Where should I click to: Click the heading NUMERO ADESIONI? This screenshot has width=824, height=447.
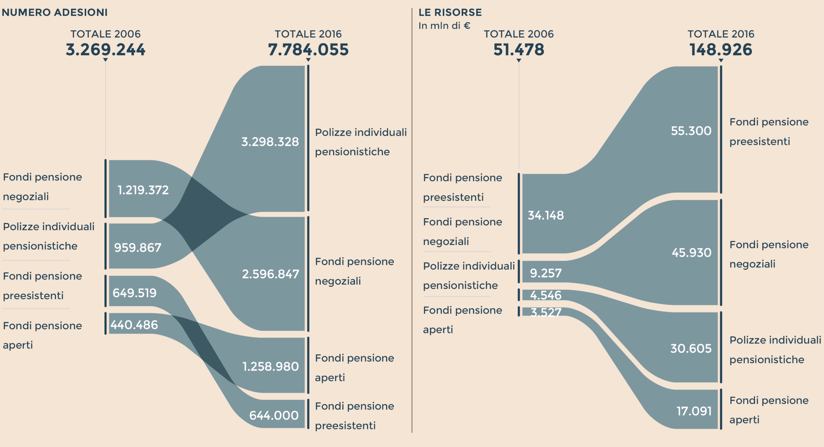point(55,12)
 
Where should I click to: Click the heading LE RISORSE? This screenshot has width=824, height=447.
point(450,12)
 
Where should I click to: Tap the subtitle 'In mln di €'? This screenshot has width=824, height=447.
point(444,26)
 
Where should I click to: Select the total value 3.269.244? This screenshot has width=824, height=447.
point(105,50)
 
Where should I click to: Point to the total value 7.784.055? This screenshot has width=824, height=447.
point(308,50)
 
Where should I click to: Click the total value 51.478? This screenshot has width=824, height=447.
point(519,50)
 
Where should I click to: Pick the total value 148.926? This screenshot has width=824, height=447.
point(721,50)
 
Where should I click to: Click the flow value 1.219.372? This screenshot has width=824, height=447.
point(143,190)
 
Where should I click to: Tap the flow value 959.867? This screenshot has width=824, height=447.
point(138,247)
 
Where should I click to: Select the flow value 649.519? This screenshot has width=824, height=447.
point(134,293)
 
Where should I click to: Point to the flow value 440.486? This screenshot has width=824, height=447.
point(134,325)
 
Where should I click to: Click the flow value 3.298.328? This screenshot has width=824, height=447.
point(270,142)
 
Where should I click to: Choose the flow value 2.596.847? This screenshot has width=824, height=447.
point(270,274)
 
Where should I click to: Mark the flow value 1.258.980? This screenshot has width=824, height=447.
point(270,366)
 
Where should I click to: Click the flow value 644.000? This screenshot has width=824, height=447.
point(274,415)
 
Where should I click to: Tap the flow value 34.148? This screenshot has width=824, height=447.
point(546,215)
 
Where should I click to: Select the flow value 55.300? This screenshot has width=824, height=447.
point(691,131)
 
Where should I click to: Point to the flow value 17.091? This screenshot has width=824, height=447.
point(694,411)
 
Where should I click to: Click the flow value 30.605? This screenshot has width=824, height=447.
point(691,348)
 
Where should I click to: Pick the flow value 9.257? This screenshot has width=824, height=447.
point(546,273)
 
